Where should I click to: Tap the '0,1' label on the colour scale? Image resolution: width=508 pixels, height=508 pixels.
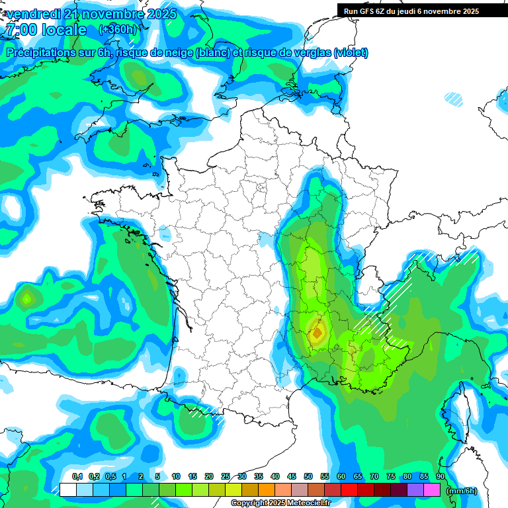pyautogui.click(x=77, y=477)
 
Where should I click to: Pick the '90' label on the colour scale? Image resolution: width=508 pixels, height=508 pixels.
pyautogui.click(x=440, y=477)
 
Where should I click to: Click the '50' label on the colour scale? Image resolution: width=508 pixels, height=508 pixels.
pyautogui.click(x=308, y=477)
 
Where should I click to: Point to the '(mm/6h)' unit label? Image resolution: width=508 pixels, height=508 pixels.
pyautogui.click(x=462, y=491)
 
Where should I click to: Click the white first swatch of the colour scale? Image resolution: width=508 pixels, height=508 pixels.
pyautogui.click(x=67, y=489)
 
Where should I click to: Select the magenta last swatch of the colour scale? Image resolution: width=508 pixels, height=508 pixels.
pyautogui.click(x=432, y=489)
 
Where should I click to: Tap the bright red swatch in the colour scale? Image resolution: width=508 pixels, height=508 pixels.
pyautogui.click(x=349, y=489)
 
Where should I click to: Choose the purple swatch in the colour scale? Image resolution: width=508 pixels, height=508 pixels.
pyautogui.click(x=415, y=489)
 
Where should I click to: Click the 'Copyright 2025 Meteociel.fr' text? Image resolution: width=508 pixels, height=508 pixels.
pyautogui.click(x=280, y=503)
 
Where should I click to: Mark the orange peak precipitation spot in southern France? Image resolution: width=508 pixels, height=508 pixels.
pyautogui.click(x=317, y=332)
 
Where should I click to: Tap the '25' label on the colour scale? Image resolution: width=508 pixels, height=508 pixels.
pyautogui.click(x=226, y=477)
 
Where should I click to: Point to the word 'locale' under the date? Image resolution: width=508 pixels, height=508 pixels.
pyautogui.click(x=63, y=30)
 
